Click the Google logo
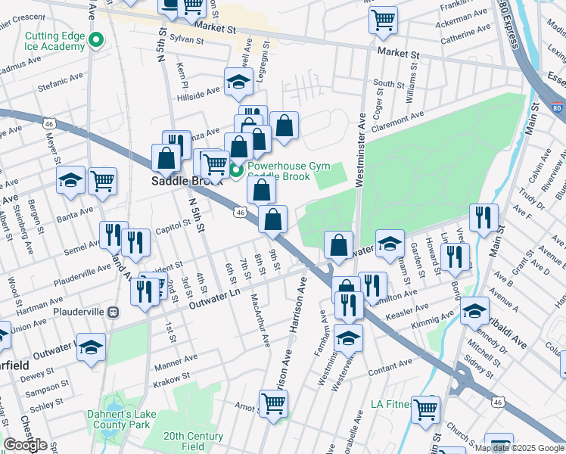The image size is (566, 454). [25, 445]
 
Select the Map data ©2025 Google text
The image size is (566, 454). [519, 448]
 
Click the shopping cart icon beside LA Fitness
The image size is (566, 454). [426, 409]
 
